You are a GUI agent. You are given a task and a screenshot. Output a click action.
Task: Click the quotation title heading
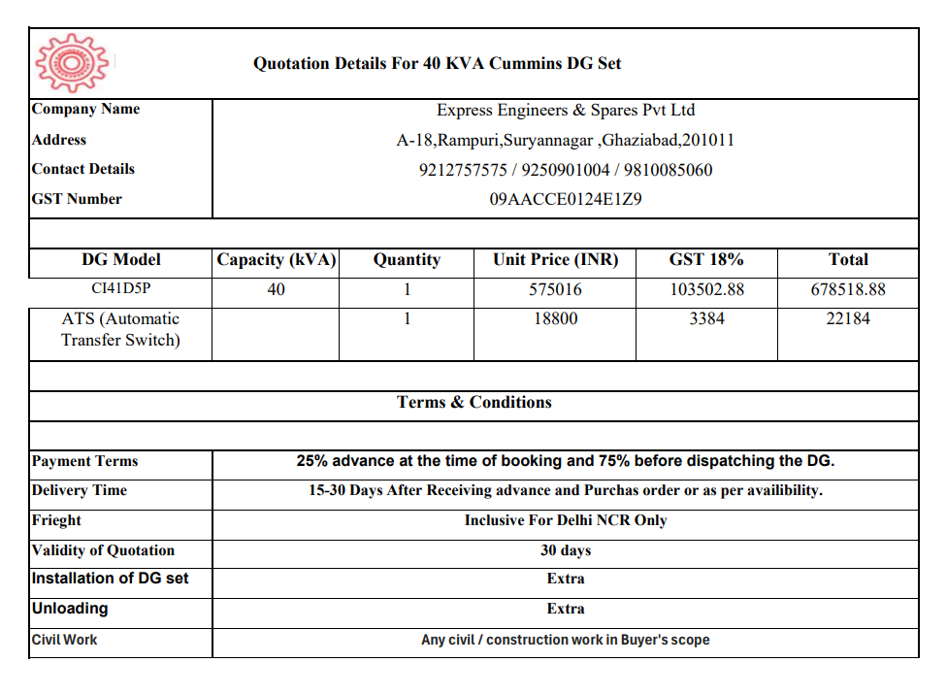tap(437, 64)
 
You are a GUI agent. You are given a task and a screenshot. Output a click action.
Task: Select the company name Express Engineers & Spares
tap(565, 111)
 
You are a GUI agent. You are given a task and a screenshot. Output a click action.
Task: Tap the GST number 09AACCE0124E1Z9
tap(565, 200)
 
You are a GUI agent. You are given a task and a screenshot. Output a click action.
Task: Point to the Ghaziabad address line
tap(565, 141)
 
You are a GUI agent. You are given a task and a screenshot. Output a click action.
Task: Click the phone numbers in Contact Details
tap(565, 171)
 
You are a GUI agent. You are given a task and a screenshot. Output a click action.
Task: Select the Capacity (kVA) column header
tap(276, 260)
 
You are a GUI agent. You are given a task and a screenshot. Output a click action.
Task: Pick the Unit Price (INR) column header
tap(555, 260)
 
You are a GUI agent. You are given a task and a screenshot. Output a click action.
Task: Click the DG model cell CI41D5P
tap(120, 289)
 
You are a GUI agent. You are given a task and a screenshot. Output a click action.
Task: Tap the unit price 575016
tap(555, 289)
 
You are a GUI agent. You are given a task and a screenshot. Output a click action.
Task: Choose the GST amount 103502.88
tap(706, 289)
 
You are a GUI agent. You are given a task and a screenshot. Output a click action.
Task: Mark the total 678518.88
tap(847, 289)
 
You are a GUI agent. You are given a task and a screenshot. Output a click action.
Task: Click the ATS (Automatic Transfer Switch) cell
tap(120, 329)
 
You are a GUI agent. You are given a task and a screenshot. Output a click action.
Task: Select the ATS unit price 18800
tap(555, 319)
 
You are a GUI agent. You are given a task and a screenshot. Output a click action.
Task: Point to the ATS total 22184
tap(847, 319)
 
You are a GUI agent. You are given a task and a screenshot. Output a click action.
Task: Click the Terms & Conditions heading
tap(473, 403)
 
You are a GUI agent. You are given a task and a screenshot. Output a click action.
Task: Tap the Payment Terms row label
tap(85, 462)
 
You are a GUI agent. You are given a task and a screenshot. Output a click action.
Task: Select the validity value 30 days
tap(565, 550)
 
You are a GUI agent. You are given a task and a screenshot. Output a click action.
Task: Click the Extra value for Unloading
tap(565, 610)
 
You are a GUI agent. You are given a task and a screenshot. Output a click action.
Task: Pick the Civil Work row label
tap(65, 640)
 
